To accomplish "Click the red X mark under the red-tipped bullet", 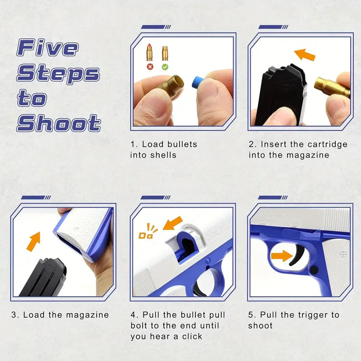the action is [x=150, y=67].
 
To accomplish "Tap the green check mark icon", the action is [x=165, y=67].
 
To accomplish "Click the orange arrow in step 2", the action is [x=305, y=55].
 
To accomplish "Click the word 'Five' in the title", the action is [x=48, y=47].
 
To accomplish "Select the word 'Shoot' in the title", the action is [x=59, y=123].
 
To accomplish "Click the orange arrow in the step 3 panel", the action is [x=33, y=241].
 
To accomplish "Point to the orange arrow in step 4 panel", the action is [x=173, y=223].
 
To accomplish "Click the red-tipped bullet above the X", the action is [x=150, y=52].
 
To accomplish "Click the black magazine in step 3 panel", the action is [x=43, y=278].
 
